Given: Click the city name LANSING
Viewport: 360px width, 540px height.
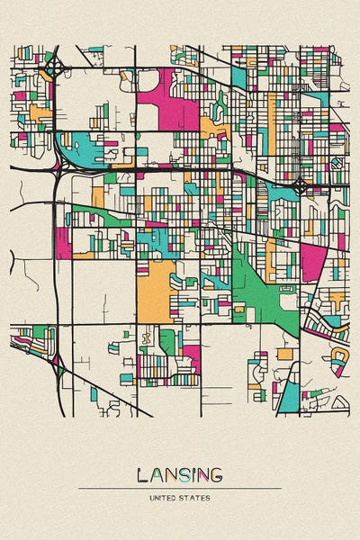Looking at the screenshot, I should click(179, 475).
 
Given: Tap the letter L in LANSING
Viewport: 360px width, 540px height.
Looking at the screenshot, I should click(143, 475).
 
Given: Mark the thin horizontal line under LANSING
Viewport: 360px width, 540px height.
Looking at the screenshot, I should click(179, 488).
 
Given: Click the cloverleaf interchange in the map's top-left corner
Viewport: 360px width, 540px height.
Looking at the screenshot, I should click(55, 67).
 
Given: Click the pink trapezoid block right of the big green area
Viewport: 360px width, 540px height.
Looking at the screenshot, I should click(312, 261).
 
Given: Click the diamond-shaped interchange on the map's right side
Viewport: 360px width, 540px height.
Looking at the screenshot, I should click(300, 187).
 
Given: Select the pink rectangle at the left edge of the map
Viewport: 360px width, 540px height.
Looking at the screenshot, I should click(63, 242).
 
